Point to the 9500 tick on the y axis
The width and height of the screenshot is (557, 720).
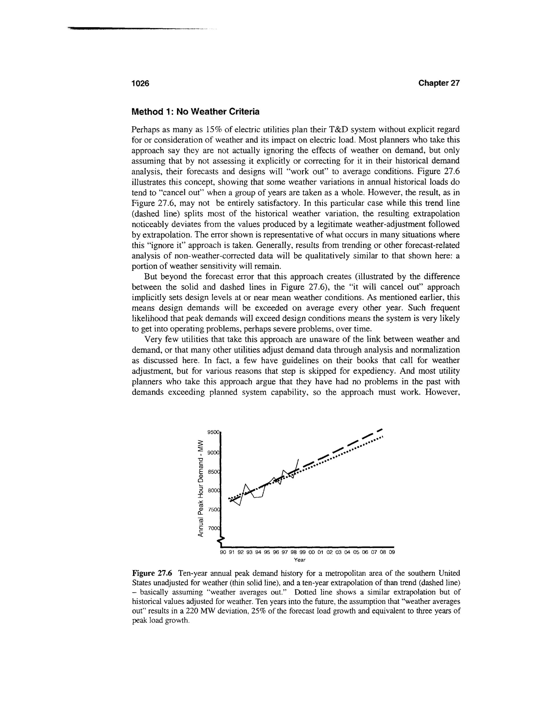pyautogui.click(x=213, y=432)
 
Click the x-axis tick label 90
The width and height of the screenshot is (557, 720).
pyautogui.click(x=223, y=552)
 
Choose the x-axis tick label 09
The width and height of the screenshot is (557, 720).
pyautogui.click(x=392, y=552)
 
